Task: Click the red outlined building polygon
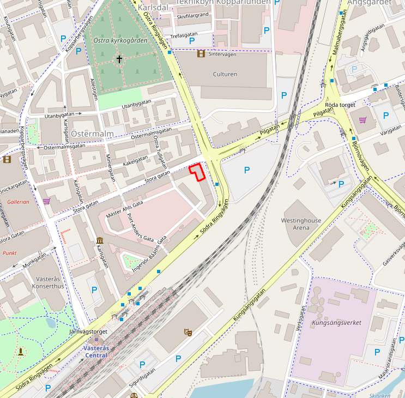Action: pyautogui.click(x=197, y=171)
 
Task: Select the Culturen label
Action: pyautogui.click(x=225, y=74)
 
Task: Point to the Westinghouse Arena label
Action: pyautogui.click(x=301, y=224)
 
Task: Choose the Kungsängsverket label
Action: pyautogui.click(x=336, y=323)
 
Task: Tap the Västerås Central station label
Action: pyautogui.click(x=96, y=352)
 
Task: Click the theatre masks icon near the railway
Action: pyautogui.click(x=188, y=331)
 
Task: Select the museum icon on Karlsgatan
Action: pyautogui.click(x=100, y=240)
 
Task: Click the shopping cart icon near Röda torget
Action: pyautogui.click(x=362, y=120)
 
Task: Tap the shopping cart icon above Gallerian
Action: pyautogui.click(x=46, y=201)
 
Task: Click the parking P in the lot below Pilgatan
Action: pyautogui.click(x=247, y=170)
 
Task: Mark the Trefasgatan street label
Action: pyautogui.click(x=183, y=35)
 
